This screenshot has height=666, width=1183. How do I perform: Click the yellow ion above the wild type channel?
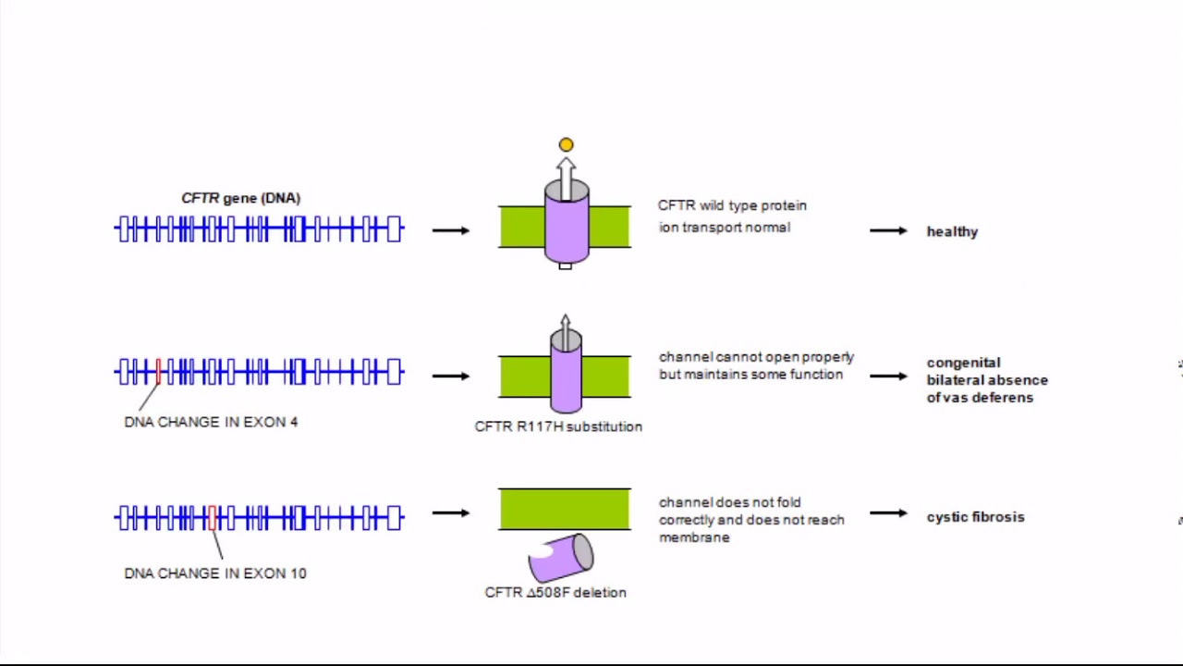[566, 144]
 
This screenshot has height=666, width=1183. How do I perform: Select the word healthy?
[952, 231]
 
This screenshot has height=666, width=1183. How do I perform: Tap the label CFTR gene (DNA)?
[240, 198]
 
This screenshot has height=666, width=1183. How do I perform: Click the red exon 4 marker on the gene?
[158, 372]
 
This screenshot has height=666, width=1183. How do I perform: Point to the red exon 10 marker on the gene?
[212, 517]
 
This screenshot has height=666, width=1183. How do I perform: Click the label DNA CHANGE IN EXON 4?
[211, 422]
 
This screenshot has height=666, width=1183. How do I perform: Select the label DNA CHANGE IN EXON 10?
[214, 573]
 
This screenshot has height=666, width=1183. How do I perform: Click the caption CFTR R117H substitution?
[558, 426]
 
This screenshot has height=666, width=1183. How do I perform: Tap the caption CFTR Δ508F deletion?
[555, 593]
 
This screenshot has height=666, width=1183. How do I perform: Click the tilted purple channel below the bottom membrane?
[561, 557]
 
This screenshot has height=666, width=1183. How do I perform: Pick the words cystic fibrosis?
[975, 517]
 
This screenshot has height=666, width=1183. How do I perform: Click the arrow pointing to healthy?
[887, 230]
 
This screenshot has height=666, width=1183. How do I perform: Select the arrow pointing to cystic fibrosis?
[887, 512]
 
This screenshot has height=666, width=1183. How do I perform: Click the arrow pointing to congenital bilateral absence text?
[887, 376]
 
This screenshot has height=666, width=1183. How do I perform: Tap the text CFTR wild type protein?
[732, 205]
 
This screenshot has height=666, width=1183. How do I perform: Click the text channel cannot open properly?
[756, 357]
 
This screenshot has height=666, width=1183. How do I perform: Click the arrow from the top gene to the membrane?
[450, 230]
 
